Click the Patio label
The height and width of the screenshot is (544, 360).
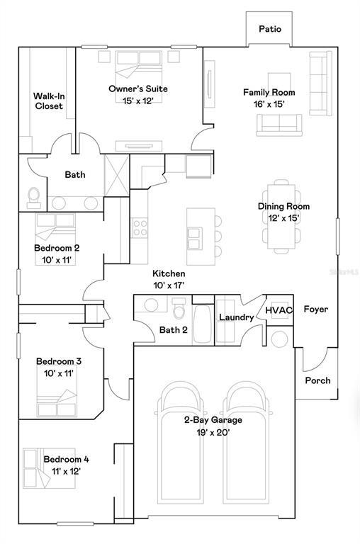[x=269, y=29]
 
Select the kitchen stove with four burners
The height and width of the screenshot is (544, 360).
[x=140, y=227]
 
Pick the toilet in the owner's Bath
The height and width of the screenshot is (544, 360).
[x=33, y=196]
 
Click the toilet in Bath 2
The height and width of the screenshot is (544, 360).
[x=180, y=310]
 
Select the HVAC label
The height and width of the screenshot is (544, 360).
[x=279, y=310]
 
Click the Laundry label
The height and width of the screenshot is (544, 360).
[x=235, y=317]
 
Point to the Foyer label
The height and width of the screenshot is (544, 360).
[x=315, y=310]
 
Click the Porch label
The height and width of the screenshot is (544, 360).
[x=317, y=380]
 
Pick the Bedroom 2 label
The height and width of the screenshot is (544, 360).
[x=56, y=248]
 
